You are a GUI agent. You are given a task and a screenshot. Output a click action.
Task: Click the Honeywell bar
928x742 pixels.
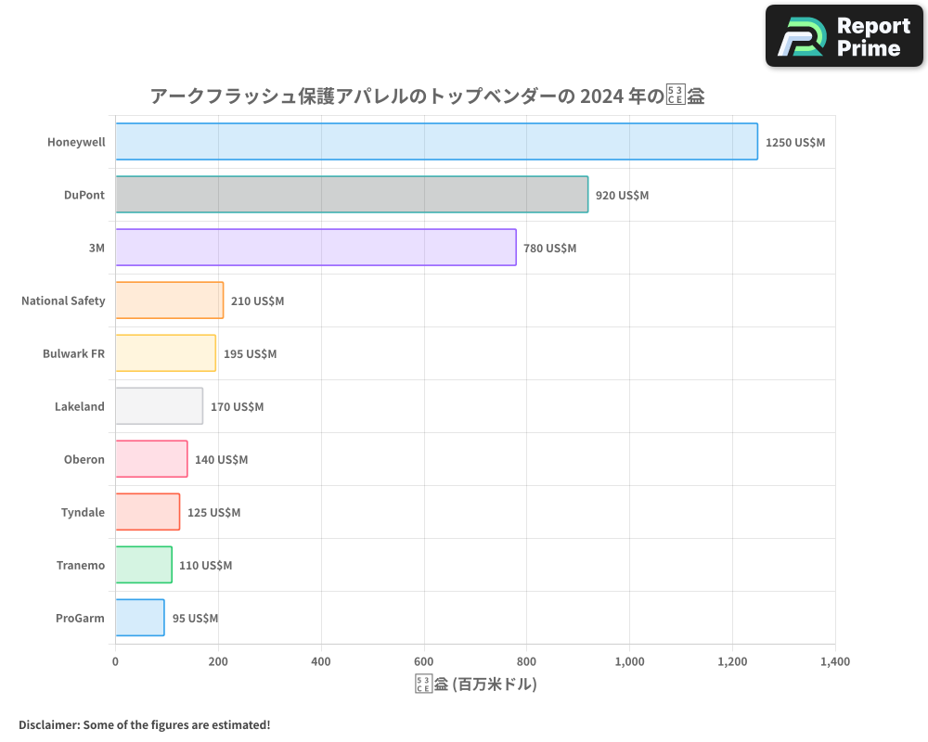point(436,142)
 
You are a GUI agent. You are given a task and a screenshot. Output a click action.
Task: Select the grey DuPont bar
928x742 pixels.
point(352,195)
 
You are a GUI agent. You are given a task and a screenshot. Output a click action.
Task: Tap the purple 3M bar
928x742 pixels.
point(316,248)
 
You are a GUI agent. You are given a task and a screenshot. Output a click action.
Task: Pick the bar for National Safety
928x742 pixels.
point(169,301)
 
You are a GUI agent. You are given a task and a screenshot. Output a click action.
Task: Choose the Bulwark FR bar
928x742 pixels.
point(165,353)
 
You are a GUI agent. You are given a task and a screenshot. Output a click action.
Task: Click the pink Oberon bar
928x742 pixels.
point(151,459)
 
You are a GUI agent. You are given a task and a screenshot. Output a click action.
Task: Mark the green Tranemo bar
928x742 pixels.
point(144,565)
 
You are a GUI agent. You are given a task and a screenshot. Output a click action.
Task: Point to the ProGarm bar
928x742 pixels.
point(140,618)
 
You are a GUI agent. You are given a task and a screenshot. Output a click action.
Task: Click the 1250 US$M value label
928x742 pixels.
point(795,143)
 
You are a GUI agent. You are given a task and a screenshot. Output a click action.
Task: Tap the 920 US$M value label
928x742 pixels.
point(622,196)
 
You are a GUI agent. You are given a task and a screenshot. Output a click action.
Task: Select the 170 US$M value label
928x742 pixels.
point(237,407)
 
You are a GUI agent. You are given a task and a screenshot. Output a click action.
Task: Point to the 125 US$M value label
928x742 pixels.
point(213,513)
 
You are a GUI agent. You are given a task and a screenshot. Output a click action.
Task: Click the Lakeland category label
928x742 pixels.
point(80,407)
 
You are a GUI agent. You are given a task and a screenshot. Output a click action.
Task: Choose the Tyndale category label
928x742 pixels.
point(83,513)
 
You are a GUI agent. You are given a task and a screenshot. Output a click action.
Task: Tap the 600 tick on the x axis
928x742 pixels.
point(424,662)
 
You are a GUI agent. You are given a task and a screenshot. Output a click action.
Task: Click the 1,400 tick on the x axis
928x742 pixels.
point(834,662)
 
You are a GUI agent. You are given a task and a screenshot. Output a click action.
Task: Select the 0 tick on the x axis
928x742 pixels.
point(115,662)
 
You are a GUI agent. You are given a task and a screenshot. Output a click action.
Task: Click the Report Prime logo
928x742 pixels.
point(844,36)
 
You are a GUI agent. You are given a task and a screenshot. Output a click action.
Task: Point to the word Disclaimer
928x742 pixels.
point(48,724)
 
